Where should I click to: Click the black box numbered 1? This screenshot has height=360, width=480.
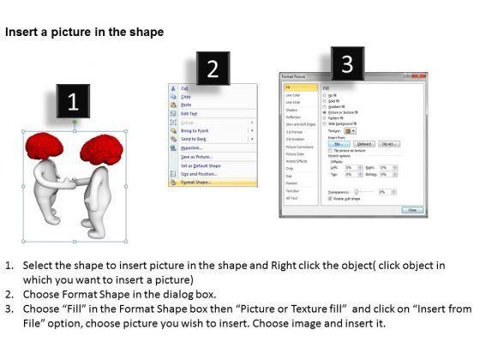click(74, 102)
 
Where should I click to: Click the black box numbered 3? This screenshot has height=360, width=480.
click(346, 63)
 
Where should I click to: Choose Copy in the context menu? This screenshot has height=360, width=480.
click(187, 95)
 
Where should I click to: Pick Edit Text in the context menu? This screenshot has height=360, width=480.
click(190, 113)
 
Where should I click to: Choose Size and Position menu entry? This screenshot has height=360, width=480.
click(202, 174)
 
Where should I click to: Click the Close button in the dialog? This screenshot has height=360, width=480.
click(413, 210)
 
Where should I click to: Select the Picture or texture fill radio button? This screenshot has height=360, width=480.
click(325, 111)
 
